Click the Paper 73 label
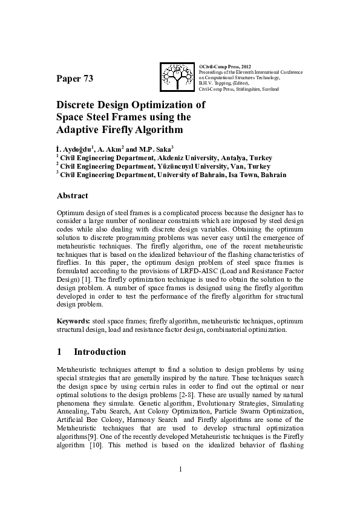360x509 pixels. coord(75,79)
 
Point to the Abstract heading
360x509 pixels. coord(72,195)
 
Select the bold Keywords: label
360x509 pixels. coord(74,320)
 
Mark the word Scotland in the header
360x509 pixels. coord(269,89)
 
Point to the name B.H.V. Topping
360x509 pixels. coord(214,83)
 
